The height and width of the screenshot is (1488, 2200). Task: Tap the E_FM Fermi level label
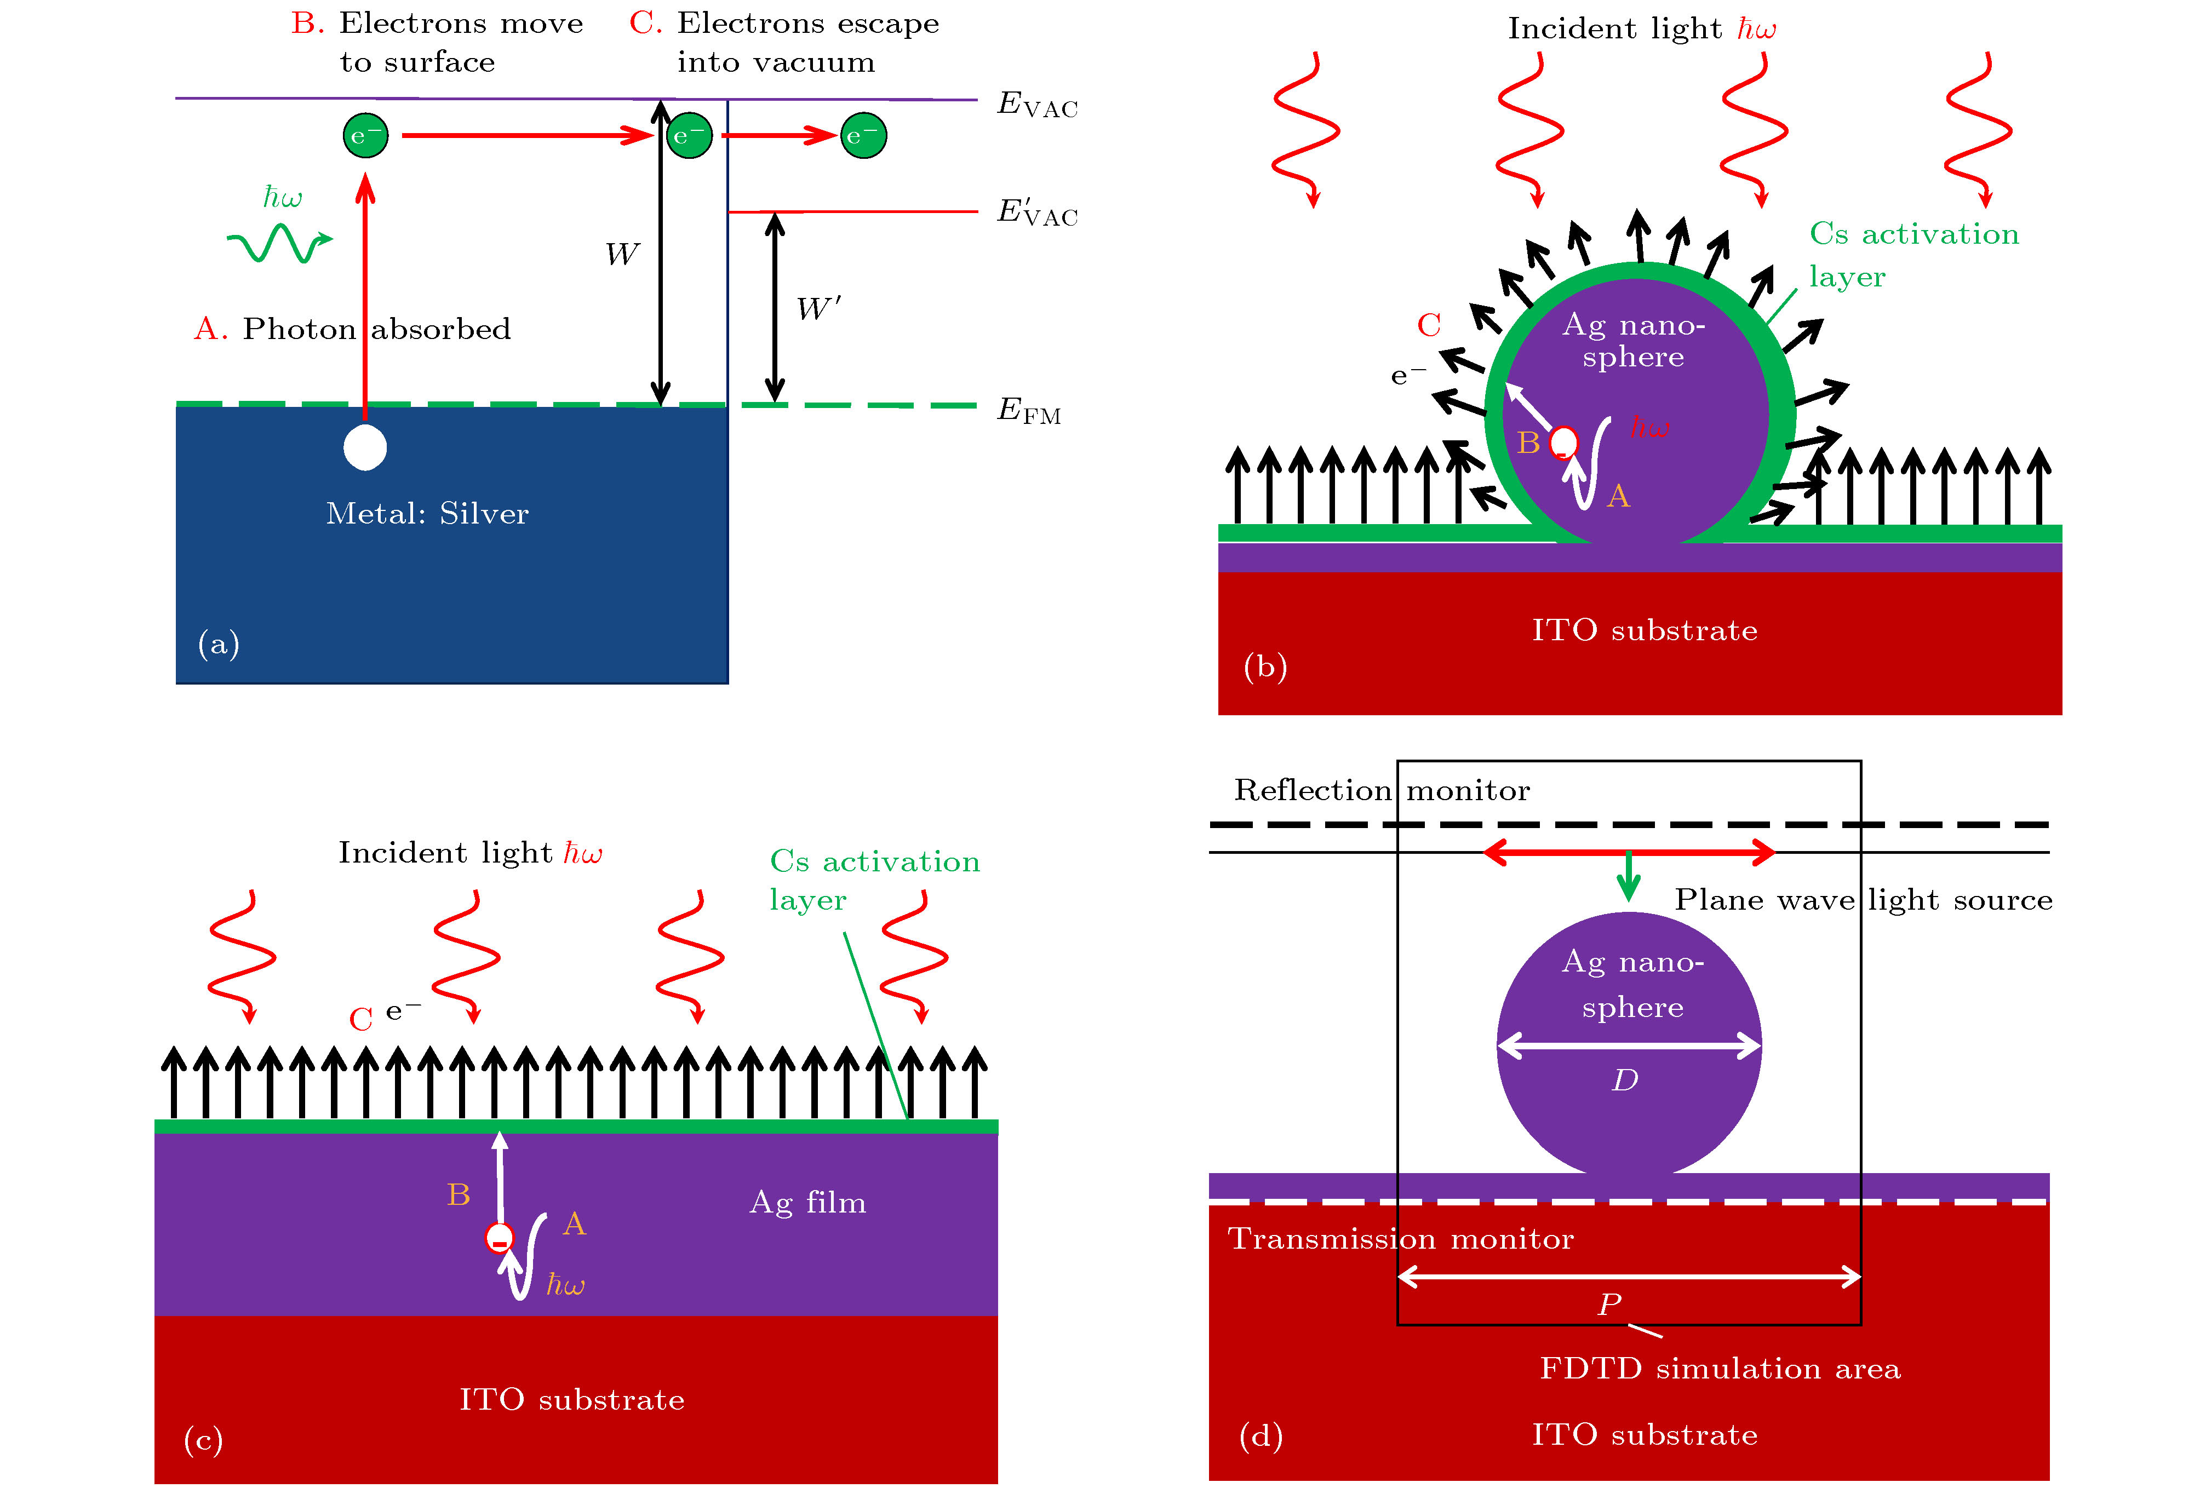tap(1028, 411)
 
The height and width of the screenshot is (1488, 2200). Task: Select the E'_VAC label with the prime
tap(1036, 212)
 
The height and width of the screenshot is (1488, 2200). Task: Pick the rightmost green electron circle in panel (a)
tap(863, 135)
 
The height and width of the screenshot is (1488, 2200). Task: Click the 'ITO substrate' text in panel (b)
tap(1645, 630)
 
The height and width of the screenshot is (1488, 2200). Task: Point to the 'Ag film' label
tap(807, 1202)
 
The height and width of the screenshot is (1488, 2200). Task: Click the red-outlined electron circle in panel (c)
tap(499, 1237)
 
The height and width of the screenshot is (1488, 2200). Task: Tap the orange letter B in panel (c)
tap(458, 1194)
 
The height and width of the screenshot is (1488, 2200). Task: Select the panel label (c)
tap(203, 1440)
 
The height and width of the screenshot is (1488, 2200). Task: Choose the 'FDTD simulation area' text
tap(1719, 1369)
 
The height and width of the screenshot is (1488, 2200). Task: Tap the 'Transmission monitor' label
tap(1400, 1239)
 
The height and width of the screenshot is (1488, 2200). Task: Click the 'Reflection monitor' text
tap(1381, 790)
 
